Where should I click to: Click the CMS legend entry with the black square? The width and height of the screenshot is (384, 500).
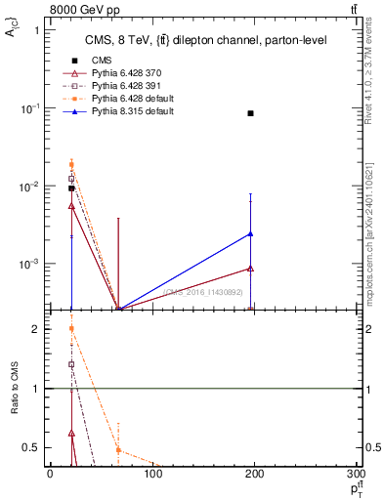coord(95,61)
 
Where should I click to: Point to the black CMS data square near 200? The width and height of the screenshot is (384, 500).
coord(251,113)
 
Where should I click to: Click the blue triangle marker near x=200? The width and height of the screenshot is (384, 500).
coord(251,233)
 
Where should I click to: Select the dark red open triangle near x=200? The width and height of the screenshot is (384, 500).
coord(251,268)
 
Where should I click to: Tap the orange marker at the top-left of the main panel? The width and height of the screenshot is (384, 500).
coord(71,164)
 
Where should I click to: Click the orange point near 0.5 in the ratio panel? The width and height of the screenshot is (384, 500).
coord(118,449)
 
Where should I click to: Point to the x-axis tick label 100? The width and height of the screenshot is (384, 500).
coord(152,476)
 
